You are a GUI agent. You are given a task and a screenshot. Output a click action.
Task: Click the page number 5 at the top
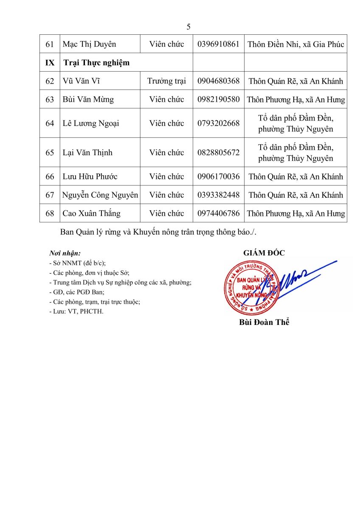point(188,27)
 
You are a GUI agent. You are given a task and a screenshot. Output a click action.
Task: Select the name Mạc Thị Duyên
point(89,44)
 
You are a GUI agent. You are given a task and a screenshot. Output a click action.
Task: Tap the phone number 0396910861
point(219,44)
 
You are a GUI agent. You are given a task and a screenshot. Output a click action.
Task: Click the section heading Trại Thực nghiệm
point(96,63)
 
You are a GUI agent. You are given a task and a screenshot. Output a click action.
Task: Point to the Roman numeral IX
point(50,63)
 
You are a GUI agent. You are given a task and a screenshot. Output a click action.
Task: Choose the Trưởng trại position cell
point(166,81)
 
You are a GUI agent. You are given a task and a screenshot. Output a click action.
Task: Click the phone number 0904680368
point(219,81)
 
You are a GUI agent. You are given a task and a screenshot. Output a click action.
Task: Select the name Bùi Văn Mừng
point(88,100)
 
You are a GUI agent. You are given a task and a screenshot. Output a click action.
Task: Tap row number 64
point(50,123)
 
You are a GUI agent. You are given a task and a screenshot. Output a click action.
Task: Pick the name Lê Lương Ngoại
point(91,123)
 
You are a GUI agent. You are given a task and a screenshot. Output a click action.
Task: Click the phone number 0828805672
point(219,153)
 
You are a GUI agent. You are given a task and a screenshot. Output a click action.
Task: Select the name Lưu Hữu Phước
point(90,176)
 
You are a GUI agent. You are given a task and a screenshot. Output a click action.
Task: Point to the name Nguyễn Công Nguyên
point(100,195)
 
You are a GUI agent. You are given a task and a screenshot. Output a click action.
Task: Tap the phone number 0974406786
point(219,213)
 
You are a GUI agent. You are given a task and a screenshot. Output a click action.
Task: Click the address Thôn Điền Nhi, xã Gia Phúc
point(295,44)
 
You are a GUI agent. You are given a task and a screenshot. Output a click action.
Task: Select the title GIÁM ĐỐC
point(264,253)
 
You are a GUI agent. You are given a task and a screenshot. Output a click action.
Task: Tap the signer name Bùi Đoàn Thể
point(264,322)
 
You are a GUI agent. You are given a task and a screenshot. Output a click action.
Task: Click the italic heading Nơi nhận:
point(65,254)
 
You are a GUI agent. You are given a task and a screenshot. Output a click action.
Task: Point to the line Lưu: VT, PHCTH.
point(76,311)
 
